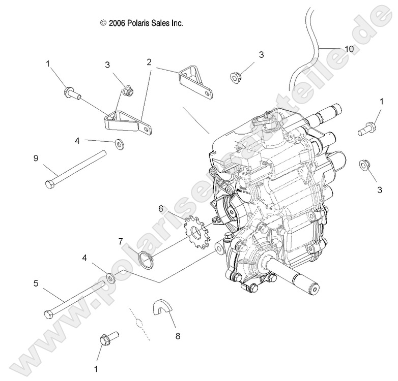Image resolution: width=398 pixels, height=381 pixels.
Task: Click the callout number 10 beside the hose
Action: coord(349,49)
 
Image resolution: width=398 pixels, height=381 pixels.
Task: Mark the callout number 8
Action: coord(177,335)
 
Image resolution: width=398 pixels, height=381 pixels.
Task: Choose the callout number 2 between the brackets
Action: coord(149,62)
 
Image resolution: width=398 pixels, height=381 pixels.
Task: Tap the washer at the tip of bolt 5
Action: coord(110,278)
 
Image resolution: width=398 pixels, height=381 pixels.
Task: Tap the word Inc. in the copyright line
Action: coord(176,23)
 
